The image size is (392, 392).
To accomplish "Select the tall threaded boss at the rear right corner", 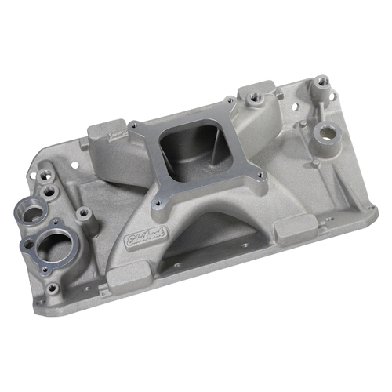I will coord(321,82).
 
